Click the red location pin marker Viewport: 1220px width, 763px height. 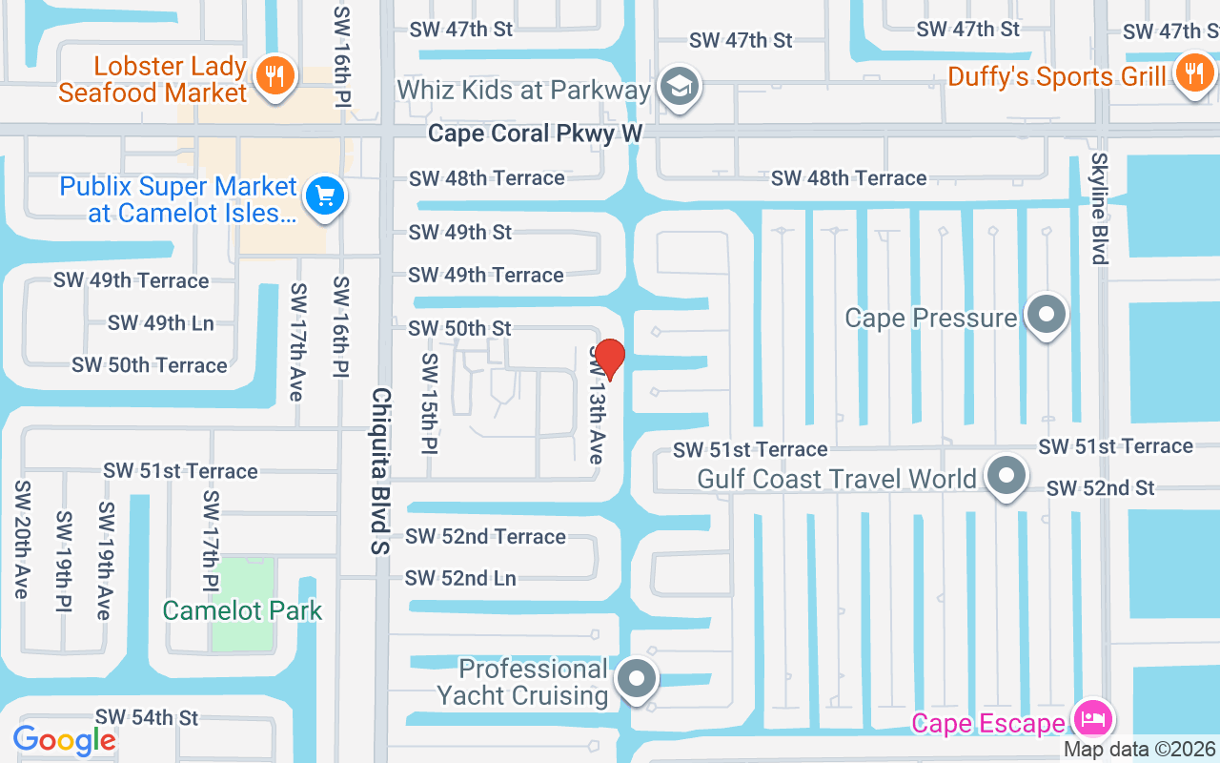tap(609, 359)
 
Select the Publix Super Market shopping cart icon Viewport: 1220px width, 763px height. tap(325, 196)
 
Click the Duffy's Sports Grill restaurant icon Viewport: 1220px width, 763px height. tap(1192, 72)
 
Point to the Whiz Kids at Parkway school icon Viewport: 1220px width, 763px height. tap(681, 87)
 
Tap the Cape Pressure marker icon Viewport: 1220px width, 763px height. tap(1047, 314)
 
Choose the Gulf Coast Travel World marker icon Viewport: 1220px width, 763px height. tap(1006, 476)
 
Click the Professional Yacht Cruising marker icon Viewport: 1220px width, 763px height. tap(637, 680)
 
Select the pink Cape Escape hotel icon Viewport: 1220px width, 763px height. tap(1093, 717)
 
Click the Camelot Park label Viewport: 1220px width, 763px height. tap(242, 610)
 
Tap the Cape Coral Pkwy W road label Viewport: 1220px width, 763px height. tap(535, 133)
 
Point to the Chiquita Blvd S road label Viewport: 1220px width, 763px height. tap(381, 471)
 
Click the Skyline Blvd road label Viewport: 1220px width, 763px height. tap(1100, 208)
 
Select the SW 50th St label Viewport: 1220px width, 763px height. tap(460, 328)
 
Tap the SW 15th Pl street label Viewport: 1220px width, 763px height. tap(430, 403)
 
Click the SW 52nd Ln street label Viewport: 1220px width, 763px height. tap(460, 578)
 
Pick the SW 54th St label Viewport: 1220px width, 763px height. tap(147, 717)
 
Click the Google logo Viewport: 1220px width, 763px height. tap(65, 740)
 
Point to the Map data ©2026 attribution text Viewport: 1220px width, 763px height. tap(1139, 750)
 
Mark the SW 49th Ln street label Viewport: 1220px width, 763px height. tap(161, 322)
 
